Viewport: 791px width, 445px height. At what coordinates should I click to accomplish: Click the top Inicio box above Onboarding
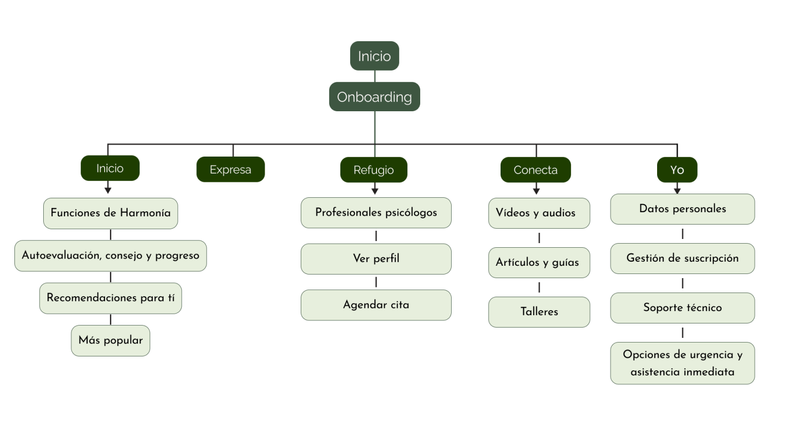[374, 56]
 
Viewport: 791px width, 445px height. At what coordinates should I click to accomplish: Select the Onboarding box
[374, 97]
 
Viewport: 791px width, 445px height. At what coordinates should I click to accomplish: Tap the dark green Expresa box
[230, 169]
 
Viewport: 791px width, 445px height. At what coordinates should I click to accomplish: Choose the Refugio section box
[373, 170]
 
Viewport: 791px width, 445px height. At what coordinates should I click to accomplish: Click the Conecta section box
[536, 170]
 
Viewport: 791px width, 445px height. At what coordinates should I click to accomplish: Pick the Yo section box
[677, 170]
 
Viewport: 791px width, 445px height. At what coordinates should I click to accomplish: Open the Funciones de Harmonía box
[110, 213]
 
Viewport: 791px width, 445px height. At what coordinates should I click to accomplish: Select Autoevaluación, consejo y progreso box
[110, 255]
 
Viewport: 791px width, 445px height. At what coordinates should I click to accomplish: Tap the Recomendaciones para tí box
[110, 298]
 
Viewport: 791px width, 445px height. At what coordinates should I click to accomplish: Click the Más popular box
[110, 340]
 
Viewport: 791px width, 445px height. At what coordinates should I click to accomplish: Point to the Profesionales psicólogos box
[376, 213]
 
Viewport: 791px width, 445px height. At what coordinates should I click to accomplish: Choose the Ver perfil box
[376, 259]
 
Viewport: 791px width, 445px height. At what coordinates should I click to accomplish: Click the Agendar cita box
[376, 305]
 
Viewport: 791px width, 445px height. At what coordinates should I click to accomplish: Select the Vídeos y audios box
[539, 213]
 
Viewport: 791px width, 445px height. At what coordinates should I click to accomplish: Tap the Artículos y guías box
[539, 263]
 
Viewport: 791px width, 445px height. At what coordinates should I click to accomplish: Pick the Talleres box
[539, 312]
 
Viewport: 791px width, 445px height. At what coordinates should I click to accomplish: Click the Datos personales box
[682, 209]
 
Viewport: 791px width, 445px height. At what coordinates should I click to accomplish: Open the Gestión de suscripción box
[682, 259]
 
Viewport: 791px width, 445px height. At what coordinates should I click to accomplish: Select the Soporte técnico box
[682, 308]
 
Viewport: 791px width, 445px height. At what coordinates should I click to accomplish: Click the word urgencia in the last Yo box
[712, 355]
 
